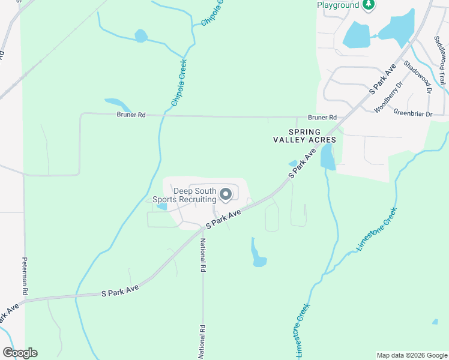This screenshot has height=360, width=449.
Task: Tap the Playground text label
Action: click(338, 5)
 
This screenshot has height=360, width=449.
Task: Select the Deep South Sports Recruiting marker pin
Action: click(226, 194)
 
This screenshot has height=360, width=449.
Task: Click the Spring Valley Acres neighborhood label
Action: click(304, 136)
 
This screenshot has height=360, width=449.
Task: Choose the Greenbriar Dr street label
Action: click(412, 112)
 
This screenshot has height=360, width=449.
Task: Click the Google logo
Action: click(20, 353)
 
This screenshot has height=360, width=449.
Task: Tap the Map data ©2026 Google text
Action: click(411, 355)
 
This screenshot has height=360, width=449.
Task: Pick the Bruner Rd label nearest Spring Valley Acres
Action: click(322, 118)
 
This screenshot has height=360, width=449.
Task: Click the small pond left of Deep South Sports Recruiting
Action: click(161, 206)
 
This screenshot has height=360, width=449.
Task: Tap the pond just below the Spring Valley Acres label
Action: click(328, 157)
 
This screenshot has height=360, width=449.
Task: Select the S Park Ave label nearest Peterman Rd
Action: click(120, 291)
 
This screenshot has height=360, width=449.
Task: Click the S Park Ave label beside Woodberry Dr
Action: click(382, 79)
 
